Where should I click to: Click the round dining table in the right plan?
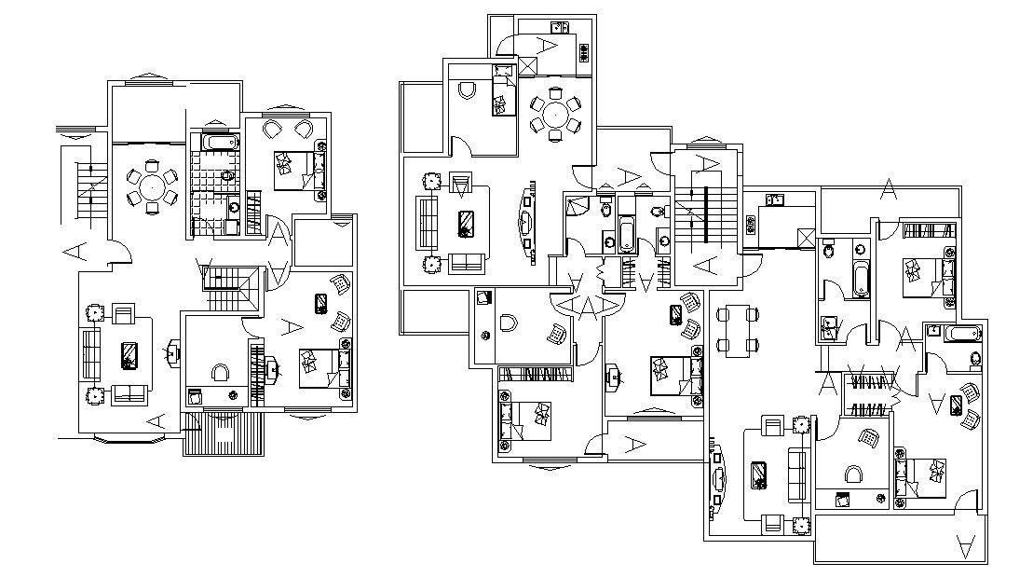[x=554, y=115]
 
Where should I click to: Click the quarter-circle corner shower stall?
[x=575, y=207]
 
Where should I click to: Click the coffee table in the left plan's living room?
[x=129, y=354]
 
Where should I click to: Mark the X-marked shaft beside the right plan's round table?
[x=528, y=66]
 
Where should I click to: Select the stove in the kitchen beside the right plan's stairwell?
[x=773, y=199]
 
